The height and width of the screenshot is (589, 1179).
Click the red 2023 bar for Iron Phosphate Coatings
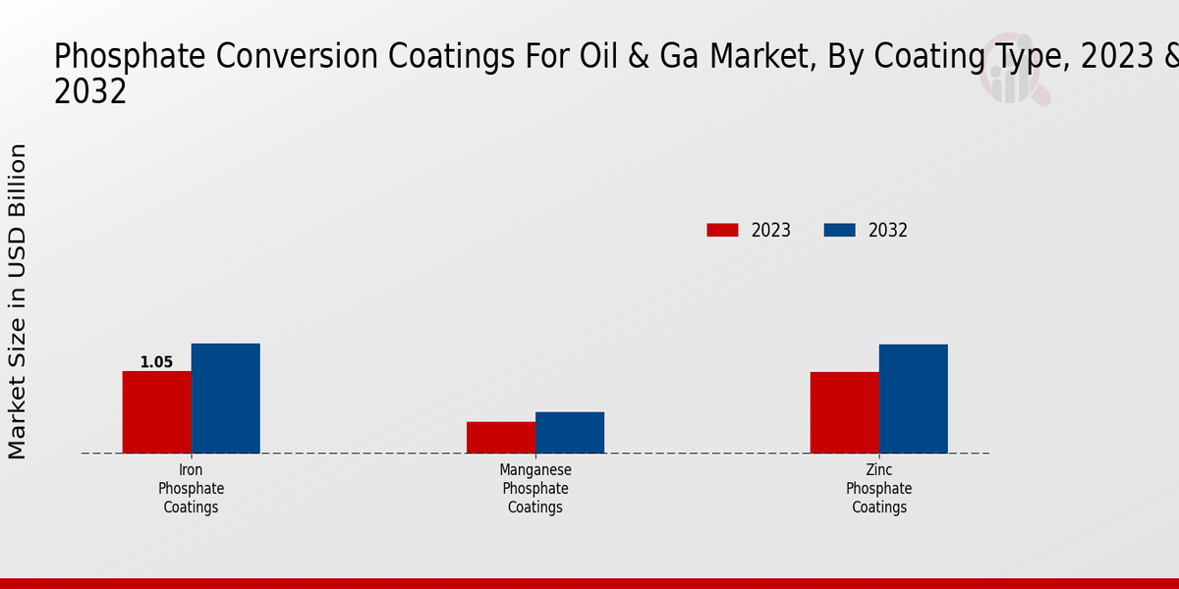[157, 412]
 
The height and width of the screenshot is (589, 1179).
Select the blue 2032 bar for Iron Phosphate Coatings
[226, 399]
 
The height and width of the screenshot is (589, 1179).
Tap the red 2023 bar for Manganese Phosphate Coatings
[501, 438]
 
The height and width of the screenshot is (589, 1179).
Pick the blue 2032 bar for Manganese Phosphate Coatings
[570, 433]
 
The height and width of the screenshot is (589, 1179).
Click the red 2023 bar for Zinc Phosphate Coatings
[845, 412]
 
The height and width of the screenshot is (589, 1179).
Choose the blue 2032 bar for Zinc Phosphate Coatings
[914, 399]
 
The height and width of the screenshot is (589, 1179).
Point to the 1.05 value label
[156, 362]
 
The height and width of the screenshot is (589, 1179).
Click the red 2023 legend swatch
[722, 231]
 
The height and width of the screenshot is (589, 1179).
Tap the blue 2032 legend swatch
[839, 231]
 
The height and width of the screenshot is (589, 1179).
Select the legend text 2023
[771, 231]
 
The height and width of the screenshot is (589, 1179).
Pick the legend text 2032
[888, 231]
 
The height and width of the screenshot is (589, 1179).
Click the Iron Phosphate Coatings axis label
[192, 489]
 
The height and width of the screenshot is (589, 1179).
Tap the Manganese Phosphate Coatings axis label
[535, 489]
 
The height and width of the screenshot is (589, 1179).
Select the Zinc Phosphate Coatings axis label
[879, 489]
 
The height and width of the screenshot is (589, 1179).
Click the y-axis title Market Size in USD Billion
[18, 301]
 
